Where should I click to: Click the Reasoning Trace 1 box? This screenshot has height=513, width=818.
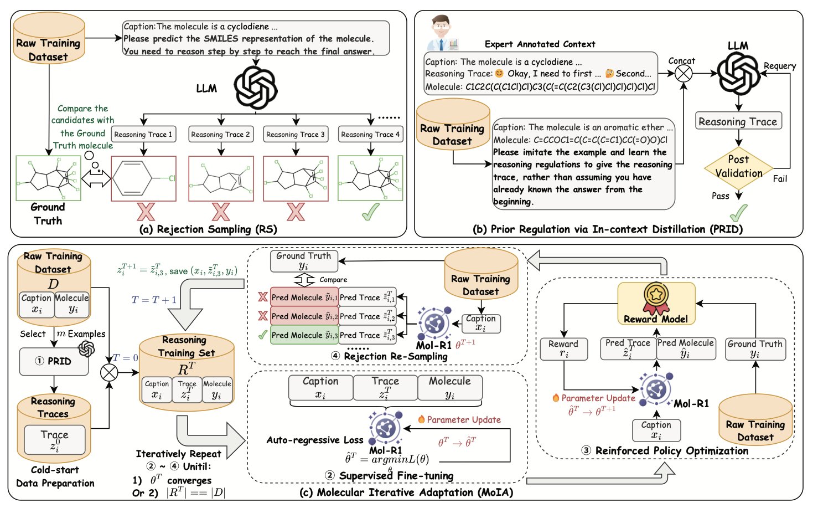pyautogui.click(x=143, y=135)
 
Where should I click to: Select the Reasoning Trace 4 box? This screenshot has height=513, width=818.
pyautogui.click(x=370, y=135)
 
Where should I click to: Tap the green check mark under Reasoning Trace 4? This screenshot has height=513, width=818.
pyautogui.click(x=370, y=212)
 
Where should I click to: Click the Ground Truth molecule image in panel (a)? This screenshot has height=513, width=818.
pyautogui.click(x=48, y=177)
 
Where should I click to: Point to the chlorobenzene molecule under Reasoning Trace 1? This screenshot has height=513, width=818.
pyautogui.click(x=144, y=178)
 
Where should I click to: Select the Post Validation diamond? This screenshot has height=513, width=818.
pyautogui.click(x=738, y=166)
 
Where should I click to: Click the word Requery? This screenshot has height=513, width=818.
pyautogui.click(x=779, y=66)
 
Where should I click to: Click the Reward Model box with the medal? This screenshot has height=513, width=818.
pyautogui.click(x=656, y=304)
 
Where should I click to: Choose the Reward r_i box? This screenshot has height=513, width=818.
pyautogui.click(x=563, y=349)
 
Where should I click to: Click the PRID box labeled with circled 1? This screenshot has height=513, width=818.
pyautogui.click(x=54, y=361)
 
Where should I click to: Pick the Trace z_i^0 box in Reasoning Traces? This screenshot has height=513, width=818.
pyautogui.click(x=54, y=440)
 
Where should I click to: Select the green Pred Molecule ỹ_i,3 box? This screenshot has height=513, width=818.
pyautogui.click(x=304, y=335)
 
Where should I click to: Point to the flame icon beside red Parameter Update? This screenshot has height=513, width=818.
pyautogui.click(x=556, y=398)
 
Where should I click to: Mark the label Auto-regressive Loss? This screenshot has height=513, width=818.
pyautogui.click(x=314, y=440)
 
